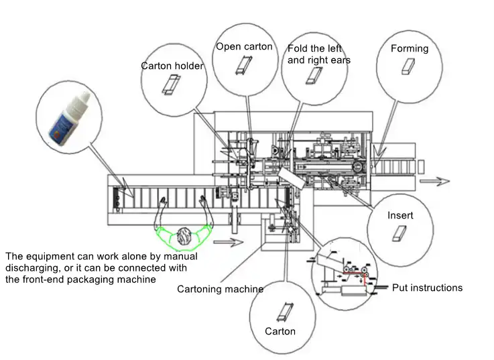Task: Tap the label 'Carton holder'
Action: [172, 66]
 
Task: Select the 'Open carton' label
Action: [244, 47]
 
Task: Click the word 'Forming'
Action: [410, 48]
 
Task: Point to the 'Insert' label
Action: [400, 216]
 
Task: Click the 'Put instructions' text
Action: [427, 288]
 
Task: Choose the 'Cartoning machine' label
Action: [220, 289]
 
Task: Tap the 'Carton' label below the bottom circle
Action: [280, 331]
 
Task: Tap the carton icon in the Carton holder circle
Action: [172, 86]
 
